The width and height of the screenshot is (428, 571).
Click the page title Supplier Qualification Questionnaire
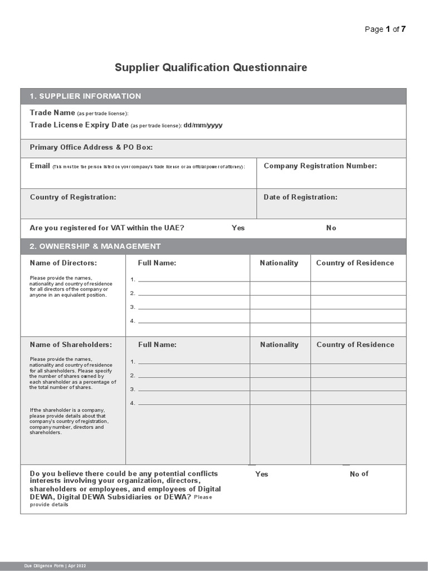pyautogui.click(x=211, y=68)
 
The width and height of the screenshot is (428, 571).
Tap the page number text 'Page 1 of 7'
pyautogui.click(x=385, y=30)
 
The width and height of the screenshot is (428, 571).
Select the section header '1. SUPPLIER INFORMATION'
pyautogui.click(x=85, y=96)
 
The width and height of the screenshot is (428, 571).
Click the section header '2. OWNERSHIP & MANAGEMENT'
pyautogui.click(x=95, y=246)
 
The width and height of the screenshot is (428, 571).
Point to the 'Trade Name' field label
pyautogui.click(x=52, y=113)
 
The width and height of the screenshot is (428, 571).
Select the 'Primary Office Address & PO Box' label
pyautogui.click(x=91, y=148)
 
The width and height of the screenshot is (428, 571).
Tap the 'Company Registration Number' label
pyautogui.click(x=320, y=166)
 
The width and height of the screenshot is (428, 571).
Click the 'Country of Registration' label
pyautogui.click(x=73, y=197)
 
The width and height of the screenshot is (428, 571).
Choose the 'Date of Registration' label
pyautogui.click(x=300, y=197)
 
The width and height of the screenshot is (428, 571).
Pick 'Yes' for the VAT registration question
pyautogui.click(x=238, y=228)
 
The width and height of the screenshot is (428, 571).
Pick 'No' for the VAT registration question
pyautogui.click(x=331, y=228)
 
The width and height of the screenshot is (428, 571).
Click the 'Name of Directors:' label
pyautogui.click(x=63, y=263)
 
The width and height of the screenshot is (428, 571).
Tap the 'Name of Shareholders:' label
pyautogui.click(x=71, y=345)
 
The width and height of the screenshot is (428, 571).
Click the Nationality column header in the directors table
pyautogui.click(x=279, y=263)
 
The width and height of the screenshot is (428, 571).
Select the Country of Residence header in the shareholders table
pyautogui.click(x=355, y=345)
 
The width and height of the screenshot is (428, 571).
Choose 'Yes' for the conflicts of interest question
pyautogui.click(x=261, y=474)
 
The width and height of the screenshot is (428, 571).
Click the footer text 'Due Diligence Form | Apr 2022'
pyautogui.click(x=55, y=565)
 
